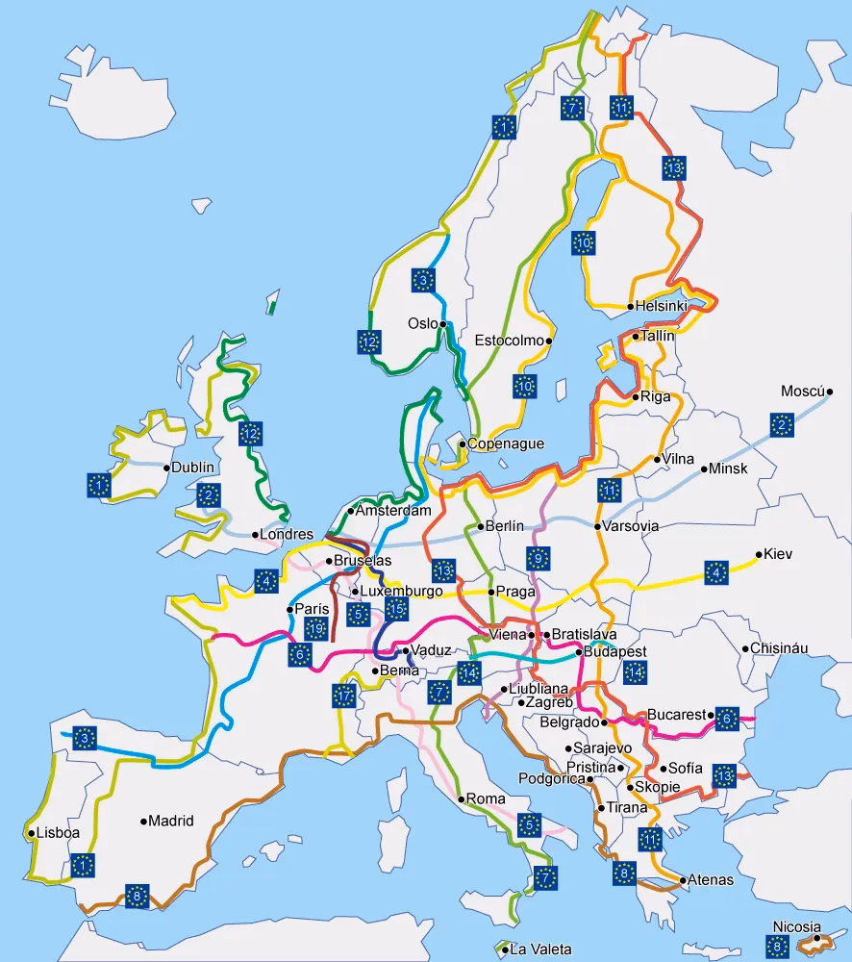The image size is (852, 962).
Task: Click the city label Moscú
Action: click(802, 392)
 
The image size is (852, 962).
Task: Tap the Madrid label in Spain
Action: click(171, 822)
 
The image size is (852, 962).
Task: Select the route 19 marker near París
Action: click(315, 629)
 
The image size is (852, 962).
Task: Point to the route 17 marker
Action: click(344, 695)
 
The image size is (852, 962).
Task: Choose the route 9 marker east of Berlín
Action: click(538, 558)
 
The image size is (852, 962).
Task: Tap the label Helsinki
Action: click(662, 307)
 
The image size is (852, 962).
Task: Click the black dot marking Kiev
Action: click(759, 554)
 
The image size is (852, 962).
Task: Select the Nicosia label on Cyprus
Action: click(795, 927)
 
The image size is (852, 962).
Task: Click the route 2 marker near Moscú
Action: click(781, 424)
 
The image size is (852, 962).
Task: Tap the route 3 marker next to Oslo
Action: click(422, 280)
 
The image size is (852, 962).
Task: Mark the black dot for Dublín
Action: click(166, 468)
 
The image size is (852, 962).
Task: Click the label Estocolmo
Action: click(509, 341)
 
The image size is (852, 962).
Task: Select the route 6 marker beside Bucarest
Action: click(726, 717)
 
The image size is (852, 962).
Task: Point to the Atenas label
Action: click(711, 880)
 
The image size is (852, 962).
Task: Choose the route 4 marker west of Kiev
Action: click(715, 573)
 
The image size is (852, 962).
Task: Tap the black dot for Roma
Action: click(462, 798)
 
